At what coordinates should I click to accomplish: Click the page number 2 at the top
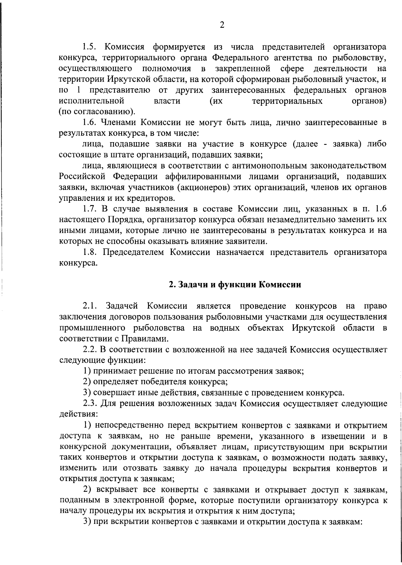pyautogui.click(x=222, y=25)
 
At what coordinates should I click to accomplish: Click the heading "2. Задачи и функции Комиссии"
pyautogui.click(x=235, y=285)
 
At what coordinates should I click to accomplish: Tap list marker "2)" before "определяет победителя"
pyautogui.click(x=87, y=382)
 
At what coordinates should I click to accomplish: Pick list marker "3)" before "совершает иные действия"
pyautogui.click(x=87, y=392)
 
